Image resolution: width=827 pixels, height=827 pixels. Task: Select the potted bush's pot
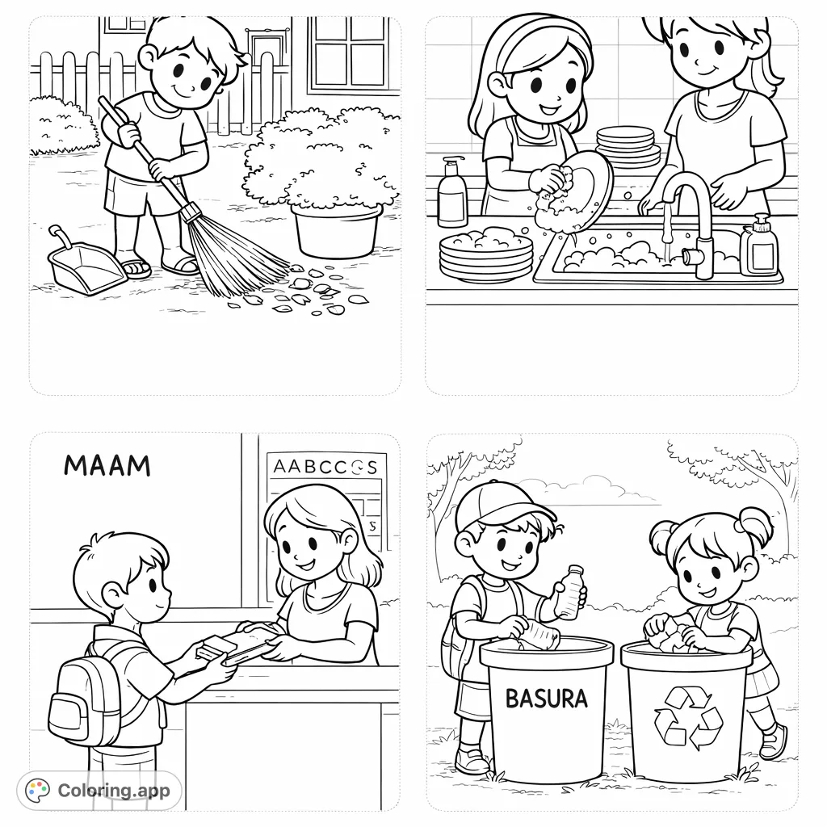tap(336, 231)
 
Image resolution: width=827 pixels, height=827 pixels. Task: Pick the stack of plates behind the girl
tap(628, 148)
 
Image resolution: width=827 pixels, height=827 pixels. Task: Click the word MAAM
tap(107, 465)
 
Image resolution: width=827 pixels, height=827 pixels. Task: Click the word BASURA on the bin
tap(546, 698)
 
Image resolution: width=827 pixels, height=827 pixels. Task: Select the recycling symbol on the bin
tap(687, 716)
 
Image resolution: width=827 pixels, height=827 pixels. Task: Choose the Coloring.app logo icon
tap(38, 790)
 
